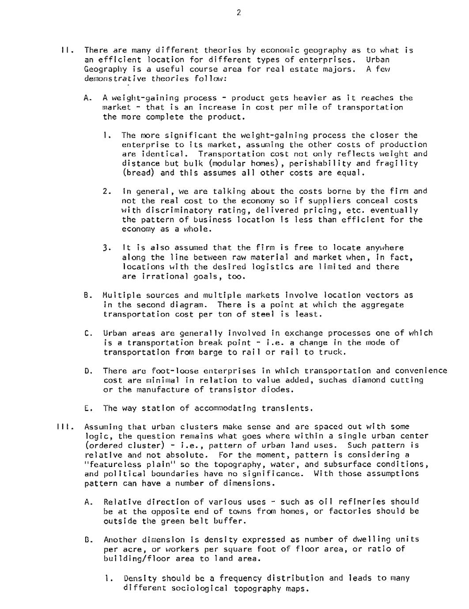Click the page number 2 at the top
pos(238,13)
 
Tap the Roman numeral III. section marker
pos(64,427)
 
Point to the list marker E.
pos(87,409)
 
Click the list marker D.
pos(87,371)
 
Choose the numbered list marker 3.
pos(106,248)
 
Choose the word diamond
pos(368,380)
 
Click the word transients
pos(287,409)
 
